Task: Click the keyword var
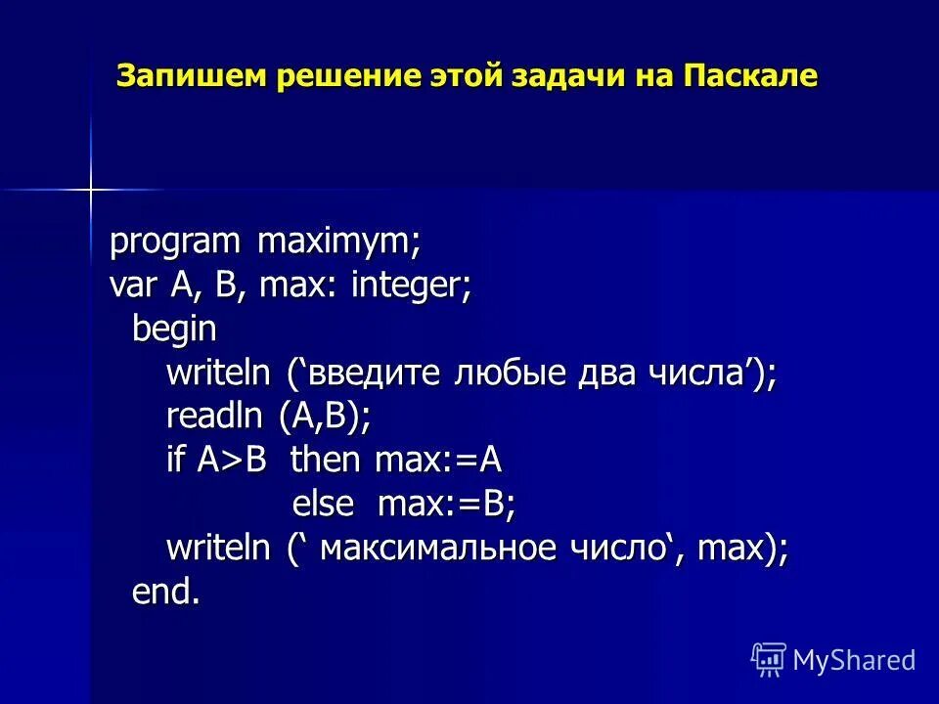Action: [135, 286]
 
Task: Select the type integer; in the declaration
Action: [412, 286]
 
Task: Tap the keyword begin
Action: [174, 330]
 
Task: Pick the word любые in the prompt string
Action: [507, 374]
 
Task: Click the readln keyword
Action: [214, 417]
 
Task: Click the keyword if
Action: [175, 461]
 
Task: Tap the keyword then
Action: [326, 461]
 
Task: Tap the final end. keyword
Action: [166, 592]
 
